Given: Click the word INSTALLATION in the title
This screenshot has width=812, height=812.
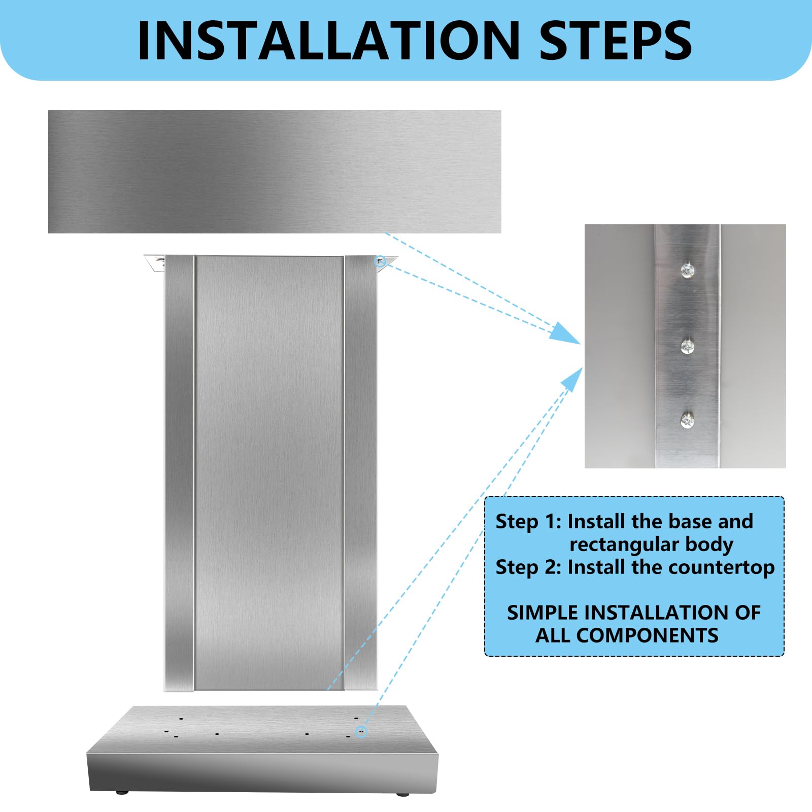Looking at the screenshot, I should coord(328,41).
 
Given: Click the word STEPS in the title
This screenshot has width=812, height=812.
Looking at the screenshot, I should coord(615,41).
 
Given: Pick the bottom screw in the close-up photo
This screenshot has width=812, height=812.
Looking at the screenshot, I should coord(687,421).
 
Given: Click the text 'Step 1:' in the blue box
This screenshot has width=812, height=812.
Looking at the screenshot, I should coord(528,522).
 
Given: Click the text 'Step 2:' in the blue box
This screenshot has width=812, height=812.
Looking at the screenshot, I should coord(528,567).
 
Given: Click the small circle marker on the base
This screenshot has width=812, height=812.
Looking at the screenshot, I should coord(361,731).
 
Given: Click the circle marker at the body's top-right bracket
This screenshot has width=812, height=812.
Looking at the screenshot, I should coord(380,261).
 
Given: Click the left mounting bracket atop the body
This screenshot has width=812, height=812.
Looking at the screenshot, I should coord(155,263).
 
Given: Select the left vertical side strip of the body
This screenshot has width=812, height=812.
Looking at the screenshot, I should coord(180,472).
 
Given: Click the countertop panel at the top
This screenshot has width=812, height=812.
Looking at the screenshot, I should coord(274,172).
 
